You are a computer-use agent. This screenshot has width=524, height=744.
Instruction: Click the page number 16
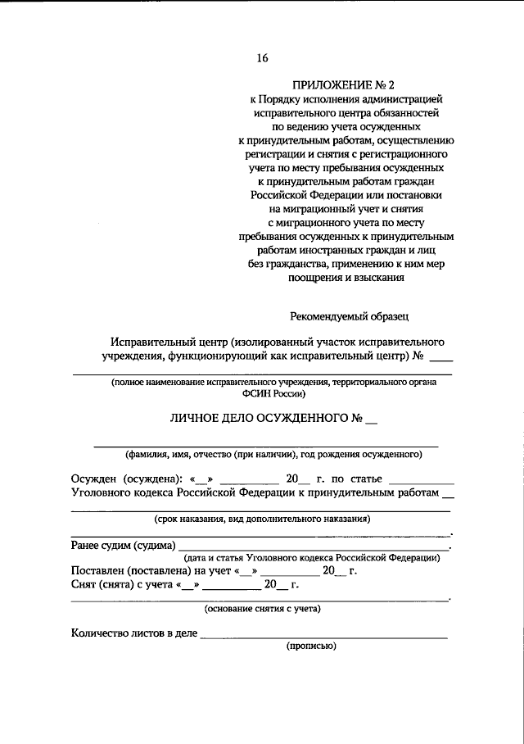262,57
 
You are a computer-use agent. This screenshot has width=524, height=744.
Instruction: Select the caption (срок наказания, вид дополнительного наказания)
262,519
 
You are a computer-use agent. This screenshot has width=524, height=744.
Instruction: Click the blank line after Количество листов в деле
323,635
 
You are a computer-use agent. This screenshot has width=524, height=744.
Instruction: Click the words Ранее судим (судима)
124,544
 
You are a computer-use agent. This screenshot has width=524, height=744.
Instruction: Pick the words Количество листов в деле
134,633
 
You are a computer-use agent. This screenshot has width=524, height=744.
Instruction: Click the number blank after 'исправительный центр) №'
440,358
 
